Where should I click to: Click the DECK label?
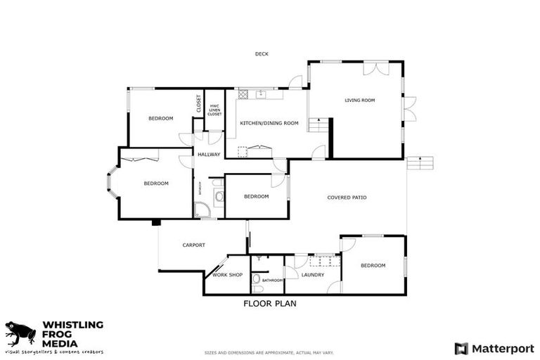pos(262,54)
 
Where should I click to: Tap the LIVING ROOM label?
pos(359,101)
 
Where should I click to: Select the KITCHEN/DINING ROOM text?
pos(269,123)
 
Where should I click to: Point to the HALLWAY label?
pos(209,155)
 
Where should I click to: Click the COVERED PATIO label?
pos(347,198)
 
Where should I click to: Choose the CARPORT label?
pos(193,245)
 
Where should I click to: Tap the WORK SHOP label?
pos(227,275)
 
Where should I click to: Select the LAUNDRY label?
pos(312,275)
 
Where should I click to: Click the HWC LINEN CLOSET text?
pos(214,110)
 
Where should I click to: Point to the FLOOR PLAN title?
pos(270,304)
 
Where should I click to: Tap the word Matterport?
pos(502,348)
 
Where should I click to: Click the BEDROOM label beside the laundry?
pos(373,265)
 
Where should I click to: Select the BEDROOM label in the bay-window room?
pos(156,184)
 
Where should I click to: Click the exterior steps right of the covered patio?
pos(421,163)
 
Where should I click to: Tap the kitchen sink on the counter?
pos(260,93)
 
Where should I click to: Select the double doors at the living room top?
pos(374,68)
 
